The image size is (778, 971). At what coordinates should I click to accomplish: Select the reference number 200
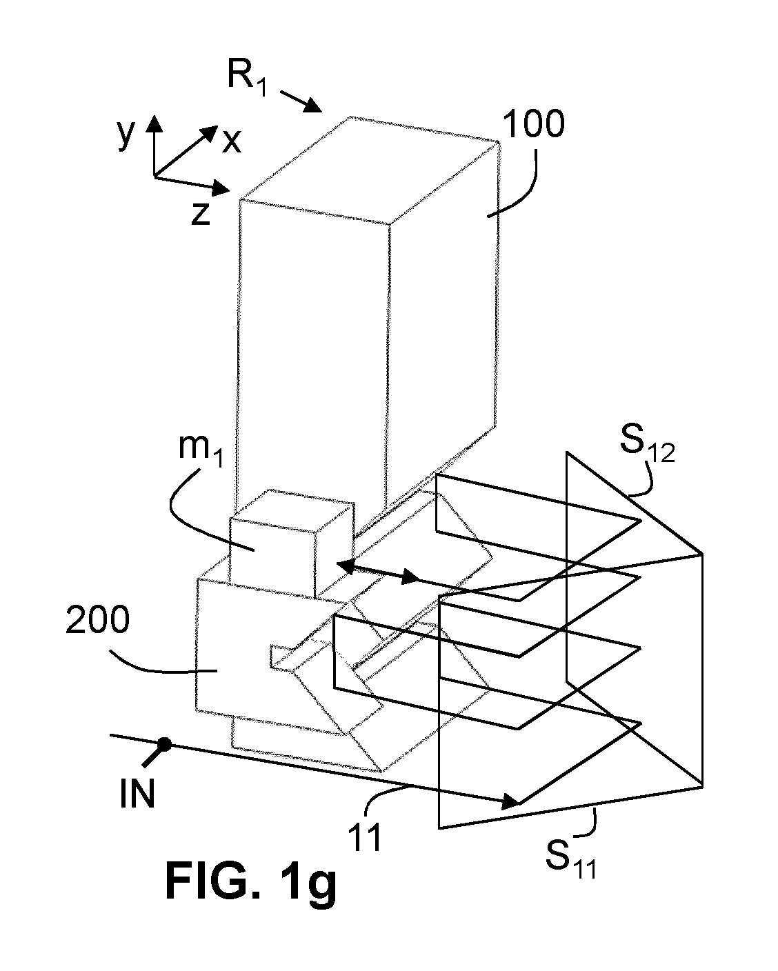coord(97,619)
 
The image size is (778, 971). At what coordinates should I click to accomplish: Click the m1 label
coord(201,450)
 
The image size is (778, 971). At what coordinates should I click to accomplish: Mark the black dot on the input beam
coord(164,744)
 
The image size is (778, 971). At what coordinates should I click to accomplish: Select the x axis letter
coord(232,141)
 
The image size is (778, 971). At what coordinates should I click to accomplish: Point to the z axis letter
coord(201,213)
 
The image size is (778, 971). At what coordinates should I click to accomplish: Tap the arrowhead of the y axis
coord(154,123)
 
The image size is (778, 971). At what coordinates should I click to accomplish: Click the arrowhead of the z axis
coord(221,188)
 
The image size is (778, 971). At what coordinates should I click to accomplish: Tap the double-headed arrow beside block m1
coord(379,572)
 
